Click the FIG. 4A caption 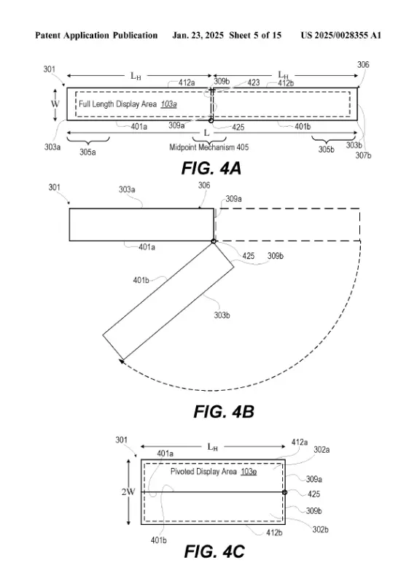tap(211, 168)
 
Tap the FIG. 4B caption tap(224, 411)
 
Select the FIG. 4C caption tap(214, 551)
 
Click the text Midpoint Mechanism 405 tap(209, 147)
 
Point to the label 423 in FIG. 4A tap(253, 82)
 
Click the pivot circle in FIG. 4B tap(214, 241)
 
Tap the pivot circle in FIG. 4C tap(285, 492)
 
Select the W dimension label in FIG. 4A tap(55, 104)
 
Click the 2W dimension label tap(128, 492)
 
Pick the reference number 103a tap(168, 104)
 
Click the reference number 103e tap(249, 472)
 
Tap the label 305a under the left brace tap(87, 152)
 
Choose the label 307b tap(363, 155)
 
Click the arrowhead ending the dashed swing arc tap(121, 361)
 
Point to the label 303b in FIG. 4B tap(222, 316)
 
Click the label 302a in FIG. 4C tap(322, 450)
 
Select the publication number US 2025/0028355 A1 tap(341, 36)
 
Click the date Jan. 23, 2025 tap(198, 36)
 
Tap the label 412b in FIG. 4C tap(274, 533)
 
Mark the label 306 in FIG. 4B tap(203, 185)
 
